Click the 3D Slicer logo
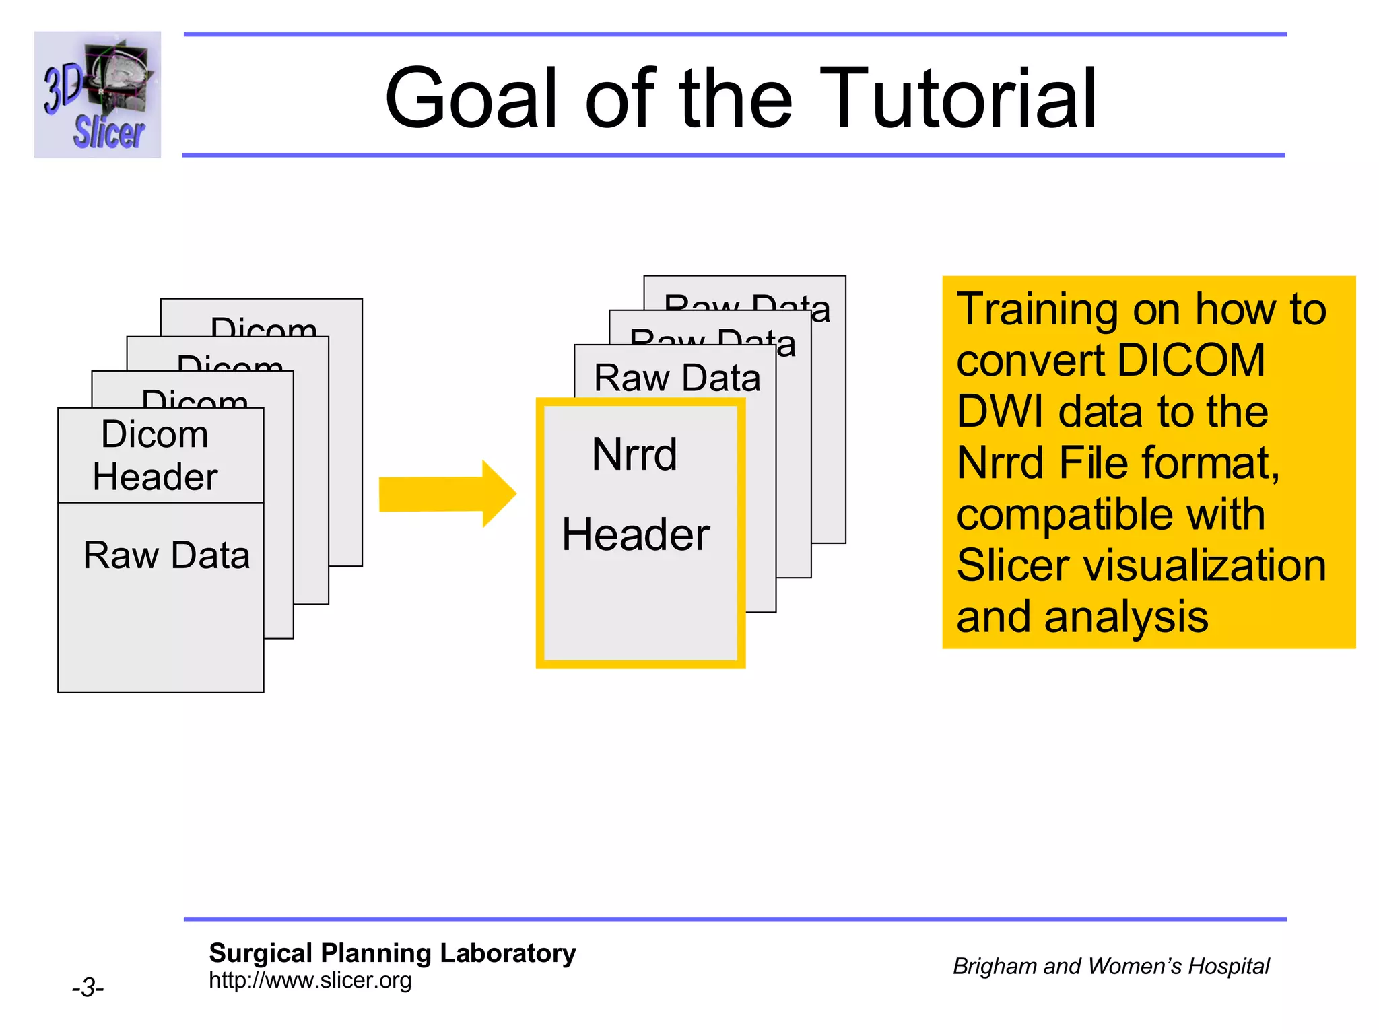pyautogui.click(x=98, y=94)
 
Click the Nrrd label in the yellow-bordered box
pyautogui.click(x=634, y=454)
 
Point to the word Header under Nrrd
pyautogui.click(x=636, y=535)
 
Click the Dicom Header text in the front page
pyautogui.click(x=155, y=456)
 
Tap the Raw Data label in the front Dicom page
pyautogui.click(x=166, y=555)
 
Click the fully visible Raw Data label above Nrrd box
pyautogui.click(x=677, y=378)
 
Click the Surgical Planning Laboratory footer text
pyautogui.click(x=392, y=953)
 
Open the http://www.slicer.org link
pyautogui.click(x=310, y=980)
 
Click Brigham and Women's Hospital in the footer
pyautogui.click(x=1110, y=966)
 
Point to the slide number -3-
pyautogui.click(x=88, y=988)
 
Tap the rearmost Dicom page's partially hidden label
pyautogui.click(x=263, y=326)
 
